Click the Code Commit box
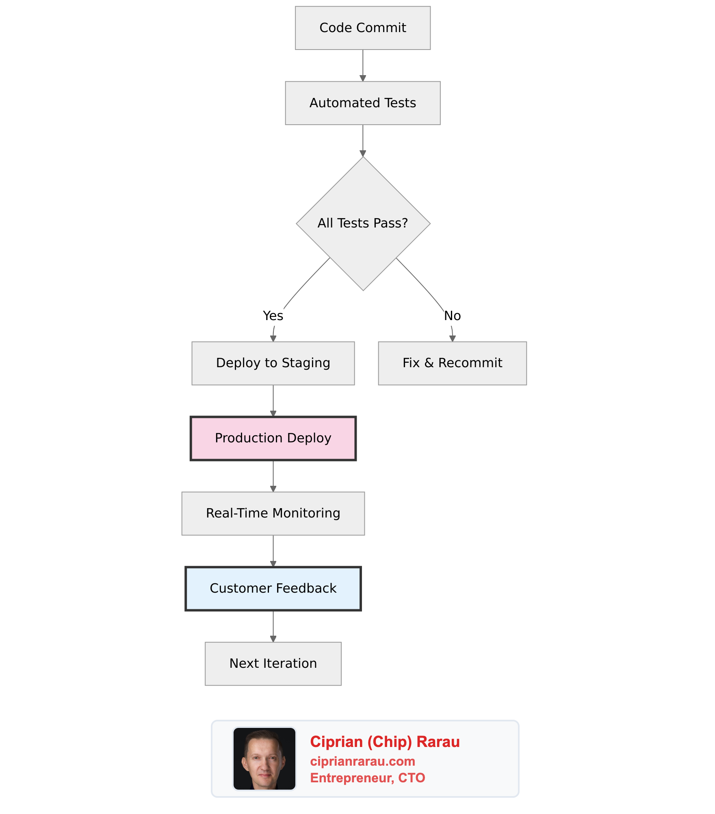[362, 28]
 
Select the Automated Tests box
[362, 103]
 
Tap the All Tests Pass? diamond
[363, 223]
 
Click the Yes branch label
[273, 316]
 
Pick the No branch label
[452, 316]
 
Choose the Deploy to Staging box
[273, 363]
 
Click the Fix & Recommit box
[452, 363]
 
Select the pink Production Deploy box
[273, 438]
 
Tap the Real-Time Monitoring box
[273, 513]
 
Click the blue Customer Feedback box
[273, 589]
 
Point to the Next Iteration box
[273, 664]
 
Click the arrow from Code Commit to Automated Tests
[363, 65]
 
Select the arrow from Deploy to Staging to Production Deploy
[273, 400]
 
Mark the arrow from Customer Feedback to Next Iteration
[273, 626]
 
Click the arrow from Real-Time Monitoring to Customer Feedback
[273, 550]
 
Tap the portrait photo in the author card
[264, 758]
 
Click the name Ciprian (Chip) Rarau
[385, 742]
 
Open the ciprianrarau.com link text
[362, 761]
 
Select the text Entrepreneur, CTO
[367, 778]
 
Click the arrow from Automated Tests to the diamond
[363, 140]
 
